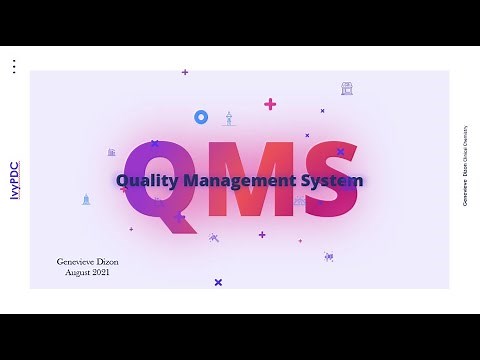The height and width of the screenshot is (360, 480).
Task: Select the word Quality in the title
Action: [148, 181]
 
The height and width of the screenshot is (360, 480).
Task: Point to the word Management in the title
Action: [241, 181]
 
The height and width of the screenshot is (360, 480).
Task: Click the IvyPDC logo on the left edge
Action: [14, 181]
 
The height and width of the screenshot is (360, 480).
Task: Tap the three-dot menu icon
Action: [13, 67]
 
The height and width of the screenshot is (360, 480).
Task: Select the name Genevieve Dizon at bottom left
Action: [87, 261]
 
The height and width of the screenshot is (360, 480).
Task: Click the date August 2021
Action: [87, 272]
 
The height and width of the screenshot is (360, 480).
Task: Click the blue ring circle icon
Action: [201, 117]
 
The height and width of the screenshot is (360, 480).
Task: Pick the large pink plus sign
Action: [270, 104]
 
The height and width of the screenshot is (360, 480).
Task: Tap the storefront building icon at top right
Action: [346, 89]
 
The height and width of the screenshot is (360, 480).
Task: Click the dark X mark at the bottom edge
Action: [218, 282]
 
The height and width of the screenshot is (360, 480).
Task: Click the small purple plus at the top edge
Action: [185, 72]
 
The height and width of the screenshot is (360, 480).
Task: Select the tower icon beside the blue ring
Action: [228, 118]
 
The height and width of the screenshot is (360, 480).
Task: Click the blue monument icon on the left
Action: [86, 199]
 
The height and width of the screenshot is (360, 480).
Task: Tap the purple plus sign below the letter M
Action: [262, 235]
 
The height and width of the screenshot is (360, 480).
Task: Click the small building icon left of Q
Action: [111, 152]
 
